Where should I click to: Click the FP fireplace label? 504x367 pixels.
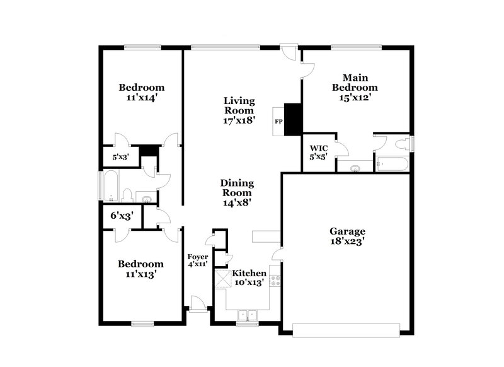[x=277, y=119]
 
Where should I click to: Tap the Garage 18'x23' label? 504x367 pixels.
[x=347, y=236]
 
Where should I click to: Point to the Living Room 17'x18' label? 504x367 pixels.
[x=239, y=110]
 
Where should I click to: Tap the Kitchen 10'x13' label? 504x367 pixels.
[x=249, y=278]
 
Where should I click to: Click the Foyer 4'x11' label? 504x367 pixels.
[x=198, y=261]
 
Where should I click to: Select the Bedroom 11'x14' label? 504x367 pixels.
[x=142, y=92]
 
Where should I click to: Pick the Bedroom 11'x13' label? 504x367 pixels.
[x=142, y=269]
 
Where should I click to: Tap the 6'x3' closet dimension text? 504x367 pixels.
[x=122, y=216]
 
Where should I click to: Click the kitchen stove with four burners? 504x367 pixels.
[x=275, y=277]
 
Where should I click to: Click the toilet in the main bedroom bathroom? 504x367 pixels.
[x=401, y=144]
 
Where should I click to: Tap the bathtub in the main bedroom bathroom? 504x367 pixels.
[x=391, y=166]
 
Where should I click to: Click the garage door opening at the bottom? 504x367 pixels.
[x=347, y=329]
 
